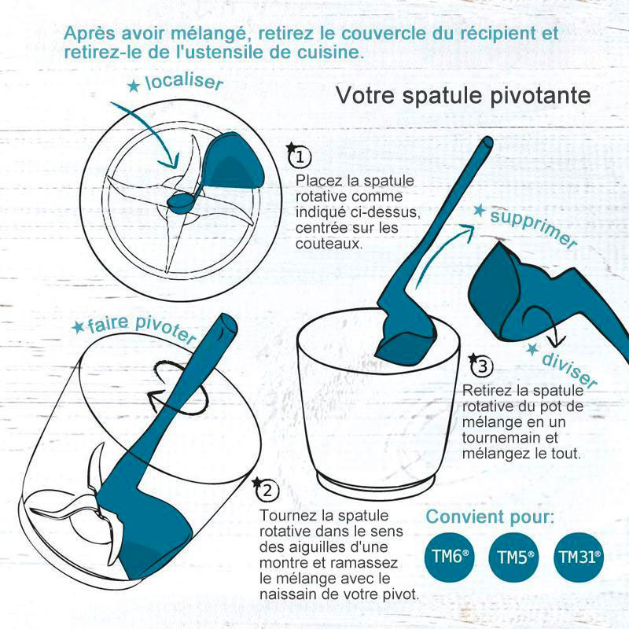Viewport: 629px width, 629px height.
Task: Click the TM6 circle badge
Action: (x=449, y=557)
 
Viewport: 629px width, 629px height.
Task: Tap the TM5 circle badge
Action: (x=515, y=557)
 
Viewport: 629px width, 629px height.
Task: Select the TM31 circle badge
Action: (x=579, y=557)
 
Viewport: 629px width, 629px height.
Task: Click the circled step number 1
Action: (x=300, y=156)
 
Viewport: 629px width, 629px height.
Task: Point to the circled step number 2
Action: (x=267, y=490)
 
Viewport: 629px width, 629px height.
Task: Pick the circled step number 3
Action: (x=482, y=366)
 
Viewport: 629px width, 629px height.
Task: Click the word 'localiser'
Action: (x=184, y=82)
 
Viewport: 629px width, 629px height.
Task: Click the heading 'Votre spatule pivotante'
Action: (x=463, y=95)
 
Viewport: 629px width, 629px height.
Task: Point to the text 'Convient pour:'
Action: (x=490, y=517)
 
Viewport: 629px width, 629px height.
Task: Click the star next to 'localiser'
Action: (x=134, y=86)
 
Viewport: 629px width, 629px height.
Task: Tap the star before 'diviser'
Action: (x=533, y=349)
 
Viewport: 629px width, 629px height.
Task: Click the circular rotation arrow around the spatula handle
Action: (x=176, y=387)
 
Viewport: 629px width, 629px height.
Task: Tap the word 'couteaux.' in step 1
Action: (x=329, y=244)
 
